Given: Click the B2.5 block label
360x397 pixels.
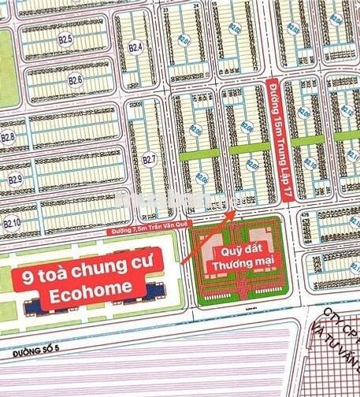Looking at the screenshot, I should coord(65,39).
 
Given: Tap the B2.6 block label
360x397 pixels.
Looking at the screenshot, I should coord(75,80).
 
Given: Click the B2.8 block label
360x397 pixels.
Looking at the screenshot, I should coord(8,138).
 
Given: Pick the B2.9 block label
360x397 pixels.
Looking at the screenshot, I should coord(15,180).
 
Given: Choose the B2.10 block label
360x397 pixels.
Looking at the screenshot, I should coord(11,224).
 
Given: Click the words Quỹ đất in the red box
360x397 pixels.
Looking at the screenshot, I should coord(230,253).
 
